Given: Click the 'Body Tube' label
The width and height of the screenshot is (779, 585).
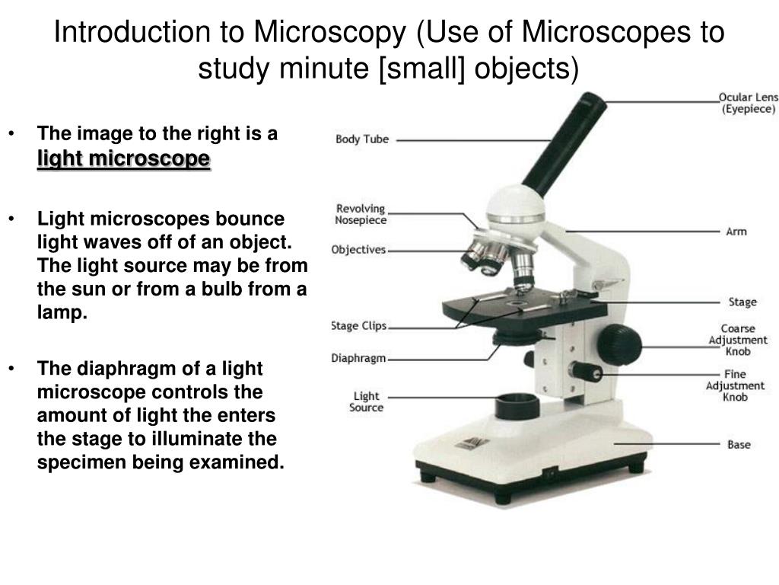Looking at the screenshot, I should tap(362, 139).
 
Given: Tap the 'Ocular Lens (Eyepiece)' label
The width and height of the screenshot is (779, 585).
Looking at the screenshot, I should tap(748, 104).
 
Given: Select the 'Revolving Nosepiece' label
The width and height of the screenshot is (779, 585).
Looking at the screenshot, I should tap(361, 214).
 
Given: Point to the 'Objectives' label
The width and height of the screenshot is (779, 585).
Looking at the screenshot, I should tap(359, 250).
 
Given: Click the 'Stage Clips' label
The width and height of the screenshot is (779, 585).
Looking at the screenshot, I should tap(359, 326).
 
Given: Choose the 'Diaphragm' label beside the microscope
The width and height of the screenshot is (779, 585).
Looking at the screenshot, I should tap(359, 358).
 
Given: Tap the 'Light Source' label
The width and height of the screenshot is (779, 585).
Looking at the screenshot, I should tap(366, 401).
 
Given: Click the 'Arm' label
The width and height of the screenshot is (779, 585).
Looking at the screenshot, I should tap(736, 231).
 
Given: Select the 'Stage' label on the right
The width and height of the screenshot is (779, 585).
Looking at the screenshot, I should tap(742, 302).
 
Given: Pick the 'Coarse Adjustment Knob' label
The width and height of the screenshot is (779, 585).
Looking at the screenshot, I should tap(738, 340).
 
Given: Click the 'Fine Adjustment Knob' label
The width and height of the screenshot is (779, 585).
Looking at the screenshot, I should tap(736, 385).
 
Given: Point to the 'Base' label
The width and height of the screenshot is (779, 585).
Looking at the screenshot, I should tap(738, 444).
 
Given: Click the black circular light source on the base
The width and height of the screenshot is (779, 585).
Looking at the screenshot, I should tap(517, 404).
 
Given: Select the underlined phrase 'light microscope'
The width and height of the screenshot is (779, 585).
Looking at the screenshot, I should tap(124, 159).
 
